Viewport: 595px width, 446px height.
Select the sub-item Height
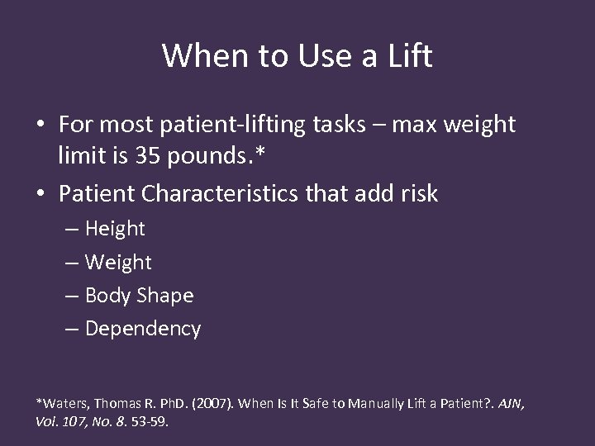click(x=114, y=228)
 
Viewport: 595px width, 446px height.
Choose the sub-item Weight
click(x=118, y=262)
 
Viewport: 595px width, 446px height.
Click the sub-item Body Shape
click(x=139, y=295)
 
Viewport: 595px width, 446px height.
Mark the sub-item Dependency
click(x=142, y=328)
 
